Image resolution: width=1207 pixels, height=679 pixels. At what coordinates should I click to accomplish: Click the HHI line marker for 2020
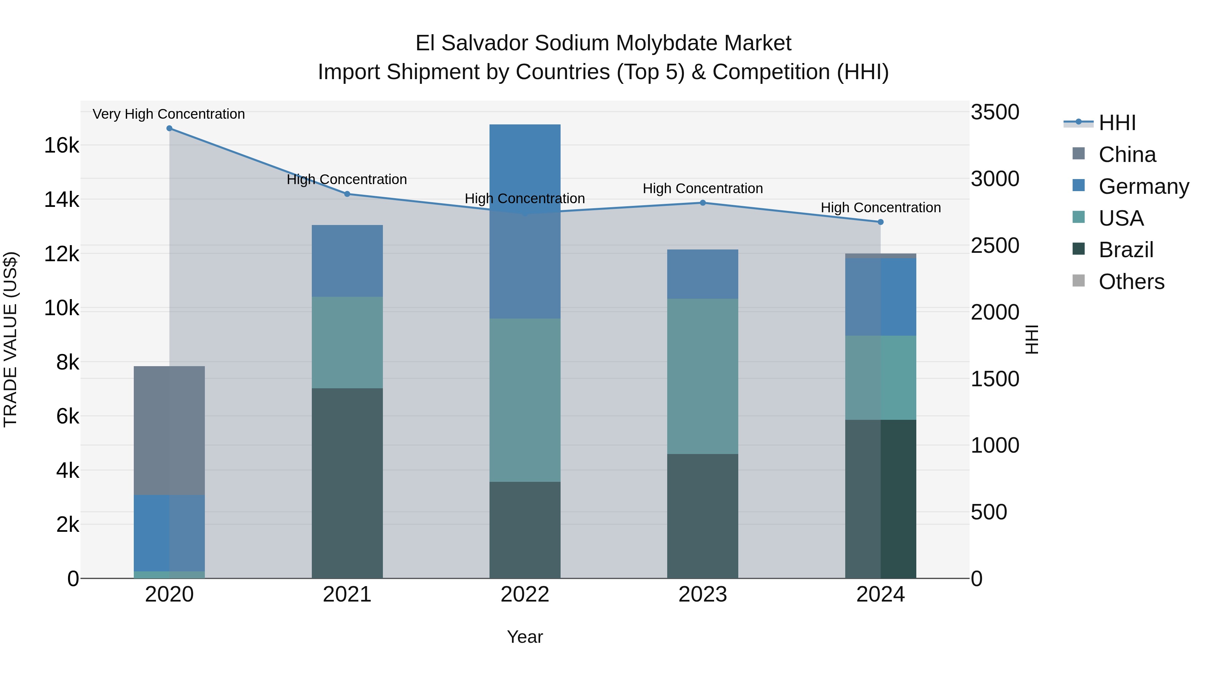(169, 128)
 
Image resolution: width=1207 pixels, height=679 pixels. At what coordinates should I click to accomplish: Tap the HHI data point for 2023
(702, 203)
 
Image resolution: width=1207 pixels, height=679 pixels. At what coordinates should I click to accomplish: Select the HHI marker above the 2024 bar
(880, 222)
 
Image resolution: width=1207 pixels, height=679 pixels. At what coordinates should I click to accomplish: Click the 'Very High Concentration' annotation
(169, 114)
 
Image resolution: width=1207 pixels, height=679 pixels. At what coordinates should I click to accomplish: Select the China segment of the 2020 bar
(169, 430)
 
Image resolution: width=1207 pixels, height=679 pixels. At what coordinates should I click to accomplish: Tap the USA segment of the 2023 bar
(702, 376)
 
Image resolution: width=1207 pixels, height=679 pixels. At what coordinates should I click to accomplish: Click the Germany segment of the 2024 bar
(880, 297)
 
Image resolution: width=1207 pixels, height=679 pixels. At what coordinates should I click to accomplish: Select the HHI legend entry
(1116, 123)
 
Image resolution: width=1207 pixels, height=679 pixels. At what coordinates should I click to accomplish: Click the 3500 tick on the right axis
(995, 112)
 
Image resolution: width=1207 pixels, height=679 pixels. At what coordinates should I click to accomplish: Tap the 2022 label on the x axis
(525, 595)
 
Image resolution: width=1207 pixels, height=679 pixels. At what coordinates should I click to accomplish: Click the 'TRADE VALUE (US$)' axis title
(11, 339)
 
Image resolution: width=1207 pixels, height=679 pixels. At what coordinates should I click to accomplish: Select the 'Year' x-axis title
(525, 637)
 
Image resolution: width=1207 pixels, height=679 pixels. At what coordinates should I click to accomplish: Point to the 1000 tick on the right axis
(995, 445)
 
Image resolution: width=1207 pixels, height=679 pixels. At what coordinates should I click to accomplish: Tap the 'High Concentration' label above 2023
(702, 188)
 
